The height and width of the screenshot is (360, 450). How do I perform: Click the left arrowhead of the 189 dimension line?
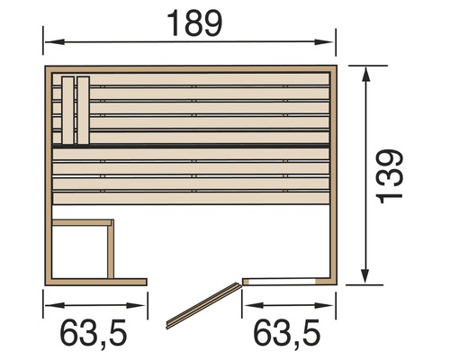pos(50,40)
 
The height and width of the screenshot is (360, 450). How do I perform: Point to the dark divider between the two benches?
pos(192,144)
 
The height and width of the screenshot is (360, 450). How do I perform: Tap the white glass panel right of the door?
pos(284,282)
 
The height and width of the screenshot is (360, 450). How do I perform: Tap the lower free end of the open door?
pos(171,321)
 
